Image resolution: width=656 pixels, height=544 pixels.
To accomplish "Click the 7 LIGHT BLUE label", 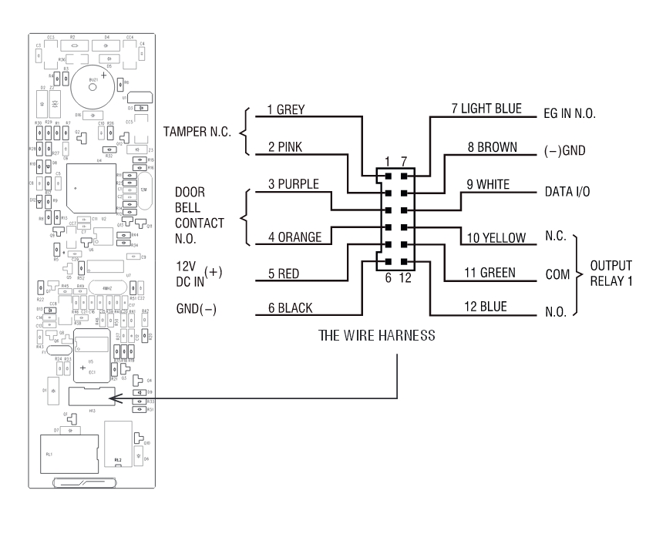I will pos(487,110).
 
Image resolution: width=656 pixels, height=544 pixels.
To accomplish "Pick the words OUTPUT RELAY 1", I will pos(611,273).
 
